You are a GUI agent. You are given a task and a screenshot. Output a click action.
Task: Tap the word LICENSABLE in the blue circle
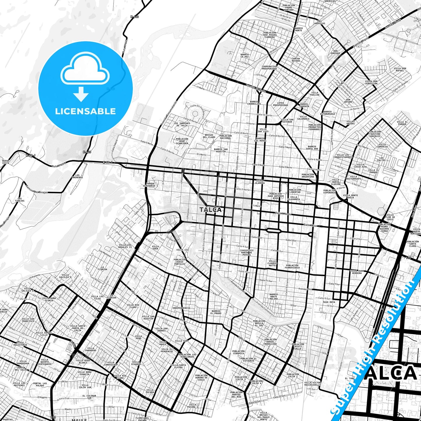coord(85,111)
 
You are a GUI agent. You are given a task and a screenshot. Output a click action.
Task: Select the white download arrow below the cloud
coord(81,94)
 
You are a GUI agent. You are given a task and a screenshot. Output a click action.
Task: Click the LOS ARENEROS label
coord(77,176)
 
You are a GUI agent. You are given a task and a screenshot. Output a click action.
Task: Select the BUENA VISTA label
coord(6,162)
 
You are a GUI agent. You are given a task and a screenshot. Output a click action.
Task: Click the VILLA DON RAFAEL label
coord(400,70)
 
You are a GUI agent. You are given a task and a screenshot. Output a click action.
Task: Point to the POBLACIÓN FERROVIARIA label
coord(292,267)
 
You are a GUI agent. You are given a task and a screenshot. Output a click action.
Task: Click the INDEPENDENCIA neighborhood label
coord(181,308)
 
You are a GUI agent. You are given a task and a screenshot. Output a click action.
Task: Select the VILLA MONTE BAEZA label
coord(350,196)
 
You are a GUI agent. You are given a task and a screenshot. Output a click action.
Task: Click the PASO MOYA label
coord(329,302)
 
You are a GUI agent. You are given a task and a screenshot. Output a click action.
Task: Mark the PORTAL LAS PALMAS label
coord(40,385)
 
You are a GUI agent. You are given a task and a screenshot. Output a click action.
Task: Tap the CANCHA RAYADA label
coord(296,60)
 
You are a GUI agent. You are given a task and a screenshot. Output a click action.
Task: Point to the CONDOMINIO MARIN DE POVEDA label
coord(246,252)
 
